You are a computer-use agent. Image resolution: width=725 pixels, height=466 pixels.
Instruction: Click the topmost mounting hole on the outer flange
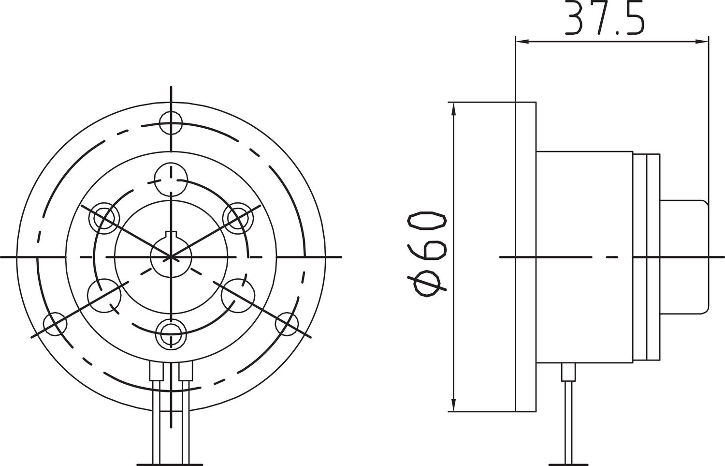click(x=171, y=122)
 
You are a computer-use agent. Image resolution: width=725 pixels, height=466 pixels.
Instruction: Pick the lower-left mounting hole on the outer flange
click(x=55, y=324)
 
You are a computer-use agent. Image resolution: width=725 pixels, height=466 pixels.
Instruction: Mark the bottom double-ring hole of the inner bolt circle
click(x=172, y=333)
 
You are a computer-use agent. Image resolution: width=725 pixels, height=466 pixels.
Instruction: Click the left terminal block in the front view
click(x=156, y=372)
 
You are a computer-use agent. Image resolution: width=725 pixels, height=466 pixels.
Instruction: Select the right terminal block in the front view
click(x=185, y=372)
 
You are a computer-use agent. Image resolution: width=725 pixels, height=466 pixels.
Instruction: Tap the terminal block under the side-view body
click(x=568, y=372)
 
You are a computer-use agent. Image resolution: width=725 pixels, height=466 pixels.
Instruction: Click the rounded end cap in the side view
click(x=683, y=257)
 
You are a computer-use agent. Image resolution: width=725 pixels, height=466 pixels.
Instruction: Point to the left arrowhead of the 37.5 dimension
click(x=522, y=42)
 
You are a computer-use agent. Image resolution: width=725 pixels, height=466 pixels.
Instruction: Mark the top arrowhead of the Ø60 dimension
click(x=453, y=108)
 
